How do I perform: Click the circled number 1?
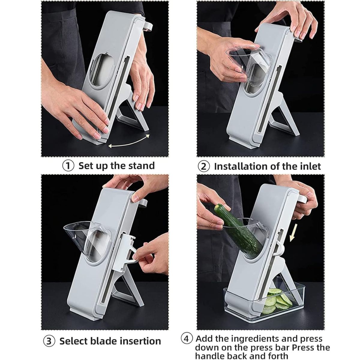(68, 166)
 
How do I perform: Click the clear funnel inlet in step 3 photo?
(86, 241)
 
